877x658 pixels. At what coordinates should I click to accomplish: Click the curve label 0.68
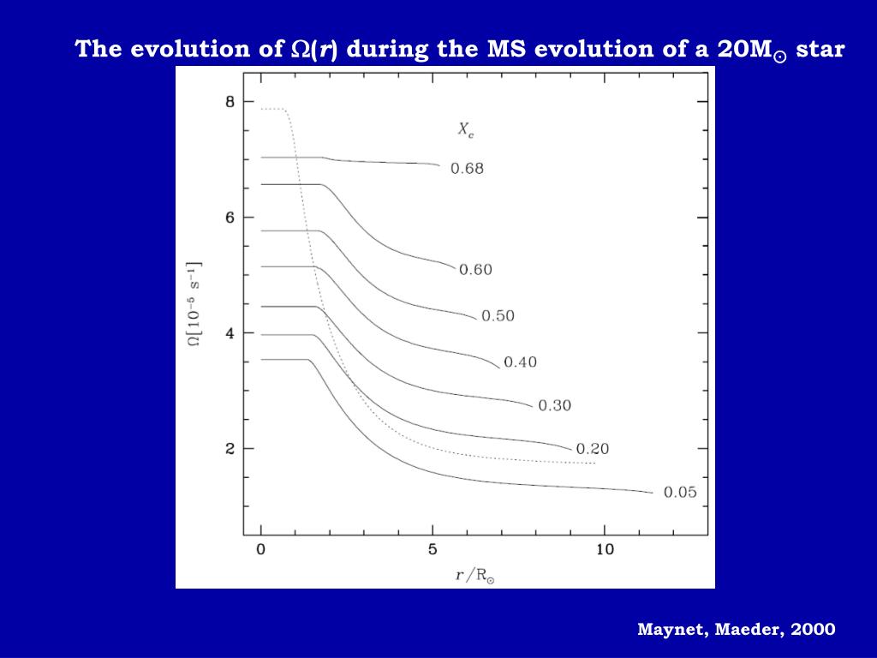467,169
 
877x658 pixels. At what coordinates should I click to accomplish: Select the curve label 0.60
476,270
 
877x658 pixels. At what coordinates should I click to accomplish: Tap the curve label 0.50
498,316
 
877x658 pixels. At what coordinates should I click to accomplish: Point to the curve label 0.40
520,362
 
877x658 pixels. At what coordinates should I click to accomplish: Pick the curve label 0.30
554,405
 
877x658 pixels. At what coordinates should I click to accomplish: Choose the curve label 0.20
593,449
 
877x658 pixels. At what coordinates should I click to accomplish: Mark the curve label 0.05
680,492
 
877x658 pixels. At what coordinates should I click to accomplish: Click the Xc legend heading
465,130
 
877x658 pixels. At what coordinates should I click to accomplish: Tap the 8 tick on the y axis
229,102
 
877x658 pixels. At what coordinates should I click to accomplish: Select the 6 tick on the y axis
229,218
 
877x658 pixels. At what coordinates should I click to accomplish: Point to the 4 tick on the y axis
229,333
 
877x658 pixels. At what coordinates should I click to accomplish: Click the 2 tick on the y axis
229,449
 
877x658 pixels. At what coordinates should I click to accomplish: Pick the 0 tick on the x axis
261,549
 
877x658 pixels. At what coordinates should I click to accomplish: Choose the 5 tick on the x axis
433,549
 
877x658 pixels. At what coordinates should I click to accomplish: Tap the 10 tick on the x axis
605,549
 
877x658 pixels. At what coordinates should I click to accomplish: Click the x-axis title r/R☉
474,575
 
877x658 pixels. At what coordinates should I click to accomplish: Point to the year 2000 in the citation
813,630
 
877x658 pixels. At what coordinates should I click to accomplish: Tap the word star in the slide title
820,49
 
